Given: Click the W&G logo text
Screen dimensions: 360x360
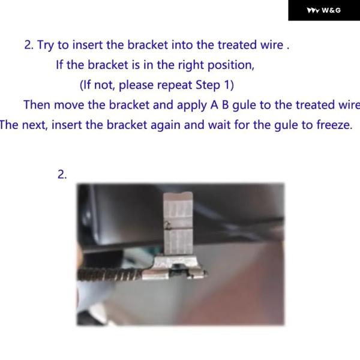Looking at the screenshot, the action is tap(331, 10).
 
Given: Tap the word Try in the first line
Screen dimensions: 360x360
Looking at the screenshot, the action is tap(46, 45).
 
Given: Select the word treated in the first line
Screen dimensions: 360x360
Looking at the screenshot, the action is tap(237, 44).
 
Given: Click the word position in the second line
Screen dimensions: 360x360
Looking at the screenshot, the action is tap(231, 65).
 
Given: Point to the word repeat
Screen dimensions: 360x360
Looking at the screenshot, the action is tap(174, 85).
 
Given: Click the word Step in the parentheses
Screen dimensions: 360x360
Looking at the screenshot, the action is tap(208, 85).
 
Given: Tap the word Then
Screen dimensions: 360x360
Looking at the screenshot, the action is tap(37, 105).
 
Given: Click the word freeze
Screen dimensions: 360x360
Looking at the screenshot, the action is tap(334, 125).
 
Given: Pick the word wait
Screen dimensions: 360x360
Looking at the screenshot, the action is tap(219, 125).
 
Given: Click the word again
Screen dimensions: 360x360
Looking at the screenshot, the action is tap(166, 125).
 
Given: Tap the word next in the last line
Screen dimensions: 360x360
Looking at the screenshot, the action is tap(35, 125).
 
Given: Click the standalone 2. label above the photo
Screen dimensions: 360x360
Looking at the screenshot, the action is tap(62, 175).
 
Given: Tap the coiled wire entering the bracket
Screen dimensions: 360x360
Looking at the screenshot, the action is tap(110, 274).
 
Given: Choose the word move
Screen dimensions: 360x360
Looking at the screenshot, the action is tap(69, 105).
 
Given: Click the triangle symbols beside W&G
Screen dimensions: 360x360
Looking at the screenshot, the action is tap(313, 11).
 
